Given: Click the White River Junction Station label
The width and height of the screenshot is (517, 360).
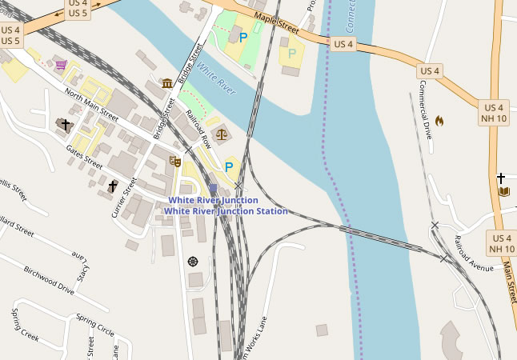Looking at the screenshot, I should [x=225, y=211].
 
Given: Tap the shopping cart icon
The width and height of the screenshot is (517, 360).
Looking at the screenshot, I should [x=61, y=65].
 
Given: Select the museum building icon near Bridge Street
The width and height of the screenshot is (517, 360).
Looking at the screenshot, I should [x=167, y=83].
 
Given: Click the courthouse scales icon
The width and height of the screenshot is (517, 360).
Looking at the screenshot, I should [x=221, y=134].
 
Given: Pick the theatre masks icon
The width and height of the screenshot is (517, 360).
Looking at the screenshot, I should [x=175, y=161].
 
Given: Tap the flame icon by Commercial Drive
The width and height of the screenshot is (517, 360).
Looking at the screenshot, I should [x=439, y=121].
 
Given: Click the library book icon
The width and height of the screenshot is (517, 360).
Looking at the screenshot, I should [x=503, y=191].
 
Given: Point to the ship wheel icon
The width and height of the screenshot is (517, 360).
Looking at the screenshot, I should [x=192, y=261].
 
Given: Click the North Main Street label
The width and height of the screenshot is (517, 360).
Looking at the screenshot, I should [x=90, y=107].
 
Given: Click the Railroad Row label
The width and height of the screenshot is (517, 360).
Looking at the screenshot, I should [x=198, y=127].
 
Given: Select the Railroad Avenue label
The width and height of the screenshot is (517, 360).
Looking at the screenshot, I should [x=474, y=254].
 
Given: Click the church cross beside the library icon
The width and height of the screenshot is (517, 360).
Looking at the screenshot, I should [x=501, y=178].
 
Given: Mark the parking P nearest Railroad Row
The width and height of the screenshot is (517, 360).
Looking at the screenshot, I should [x=229, y=166].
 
